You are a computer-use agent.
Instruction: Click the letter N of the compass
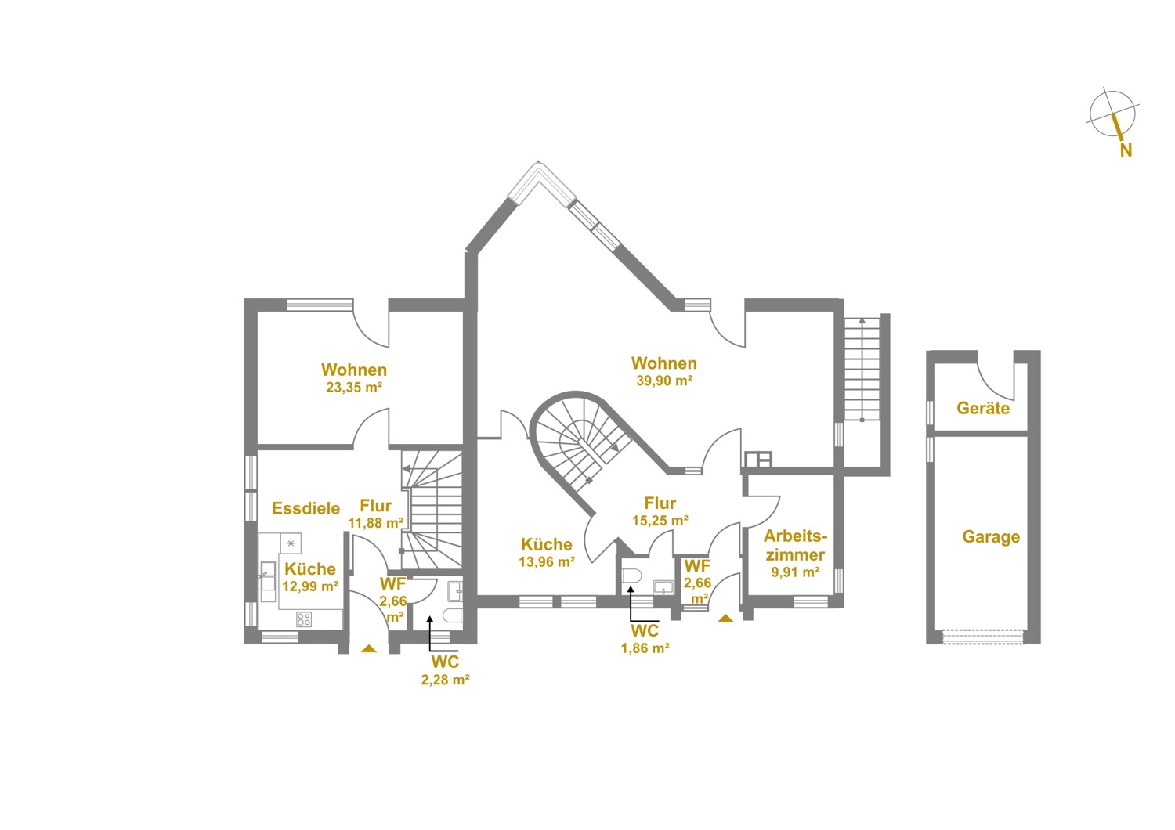(1126, 150)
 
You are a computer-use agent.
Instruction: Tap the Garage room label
(991, 537)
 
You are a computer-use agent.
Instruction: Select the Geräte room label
(983, 408)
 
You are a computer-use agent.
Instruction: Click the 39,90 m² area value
(664, 381)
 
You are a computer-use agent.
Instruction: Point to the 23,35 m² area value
(354, 388)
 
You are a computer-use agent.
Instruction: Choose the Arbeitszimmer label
(795, 545)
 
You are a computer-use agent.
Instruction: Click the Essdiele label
(305, 508)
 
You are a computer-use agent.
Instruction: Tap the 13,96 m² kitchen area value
(547, 562)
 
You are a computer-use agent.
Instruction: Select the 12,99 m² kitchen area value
(310, 586)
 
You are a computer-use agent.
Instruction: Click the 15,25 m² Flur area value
(660, 521)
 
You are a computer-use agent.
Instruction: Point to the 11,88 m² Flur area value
(375, 523)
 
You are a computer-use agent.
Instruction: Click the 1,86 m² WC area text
(645, 648)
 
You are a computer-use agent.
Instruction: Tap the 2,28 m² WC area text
(445, 680)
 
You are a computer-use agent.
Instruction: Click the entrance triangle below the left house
(369, 648)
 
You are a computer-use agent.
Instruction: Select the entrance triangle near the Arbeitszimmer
(725, 618)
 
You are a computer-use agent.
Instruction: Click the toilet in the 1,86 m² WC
(631, 576)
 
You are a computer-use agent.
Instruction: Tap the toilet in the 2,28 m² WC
(453, 615)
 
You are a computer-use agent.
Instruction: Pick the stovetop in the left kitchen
(304, 619)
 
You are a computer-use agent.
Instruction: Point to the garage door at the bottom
(983, 637)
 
